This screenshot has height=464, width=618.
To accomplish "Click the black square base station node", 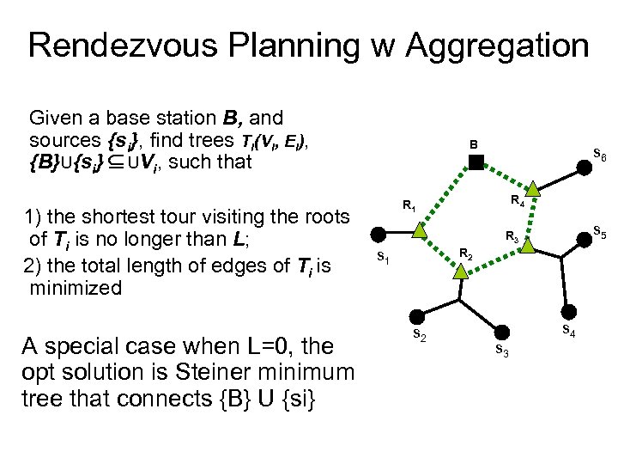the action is click(477, 160).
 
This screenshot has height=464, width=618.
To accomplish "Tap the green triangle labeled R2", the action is click(460, 272).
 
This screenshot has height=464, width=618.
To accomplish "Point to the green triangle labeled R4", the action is click(533, 188).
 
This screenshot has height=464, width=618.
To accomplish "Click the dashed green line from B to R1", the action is click(449, 194).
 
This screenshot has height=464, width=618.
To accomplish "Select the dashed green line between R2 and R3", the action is click(494, 259).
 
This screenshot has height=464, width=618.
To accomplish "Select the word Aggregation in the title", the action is click(494, 45).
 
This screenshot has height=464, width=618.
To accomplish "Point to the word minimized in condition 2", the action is click(75, 288).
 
